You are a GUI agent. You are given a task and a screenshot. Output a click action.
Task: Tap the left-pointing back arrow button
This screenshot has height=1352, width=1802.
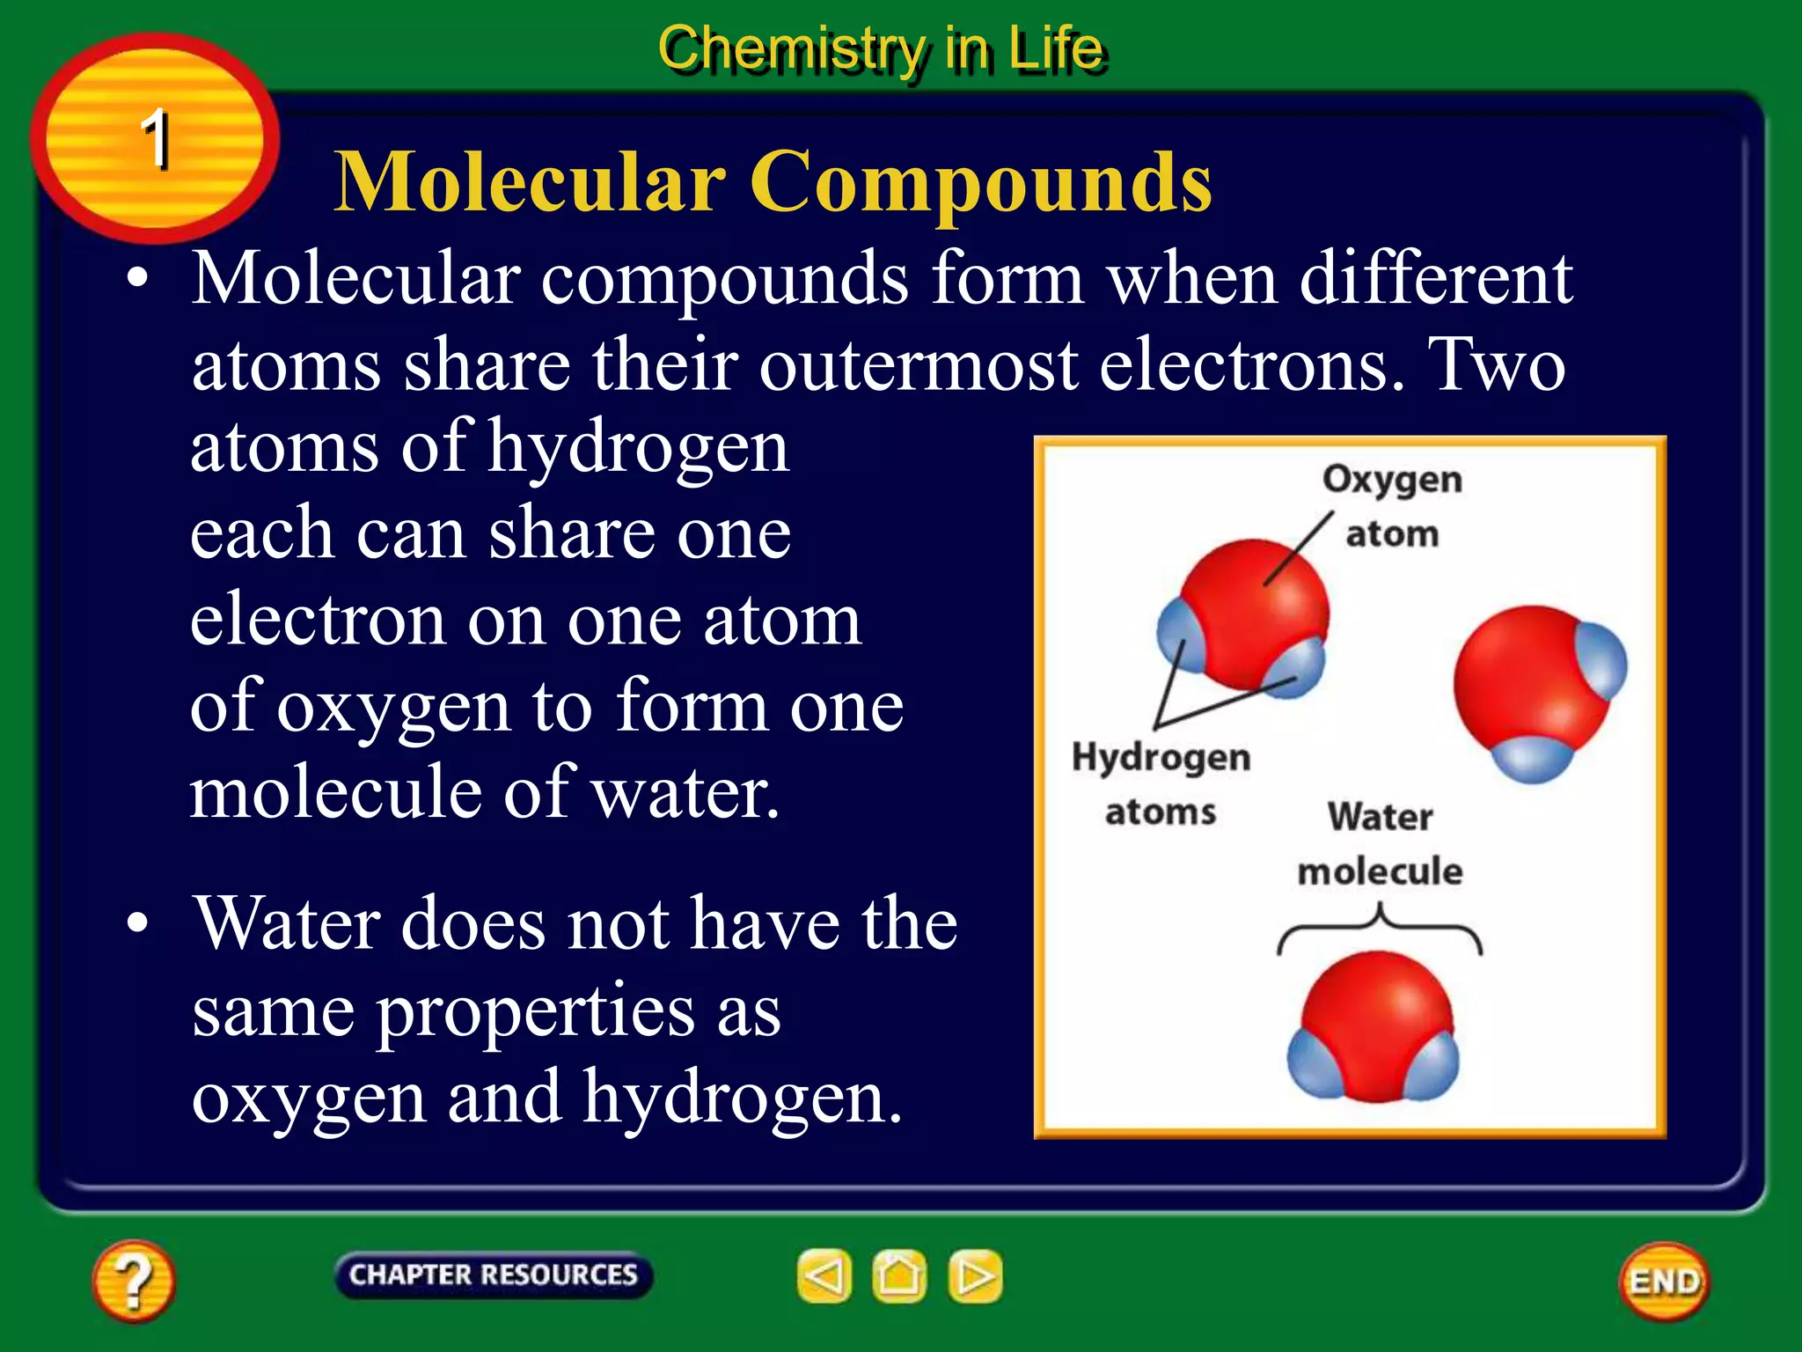824,1276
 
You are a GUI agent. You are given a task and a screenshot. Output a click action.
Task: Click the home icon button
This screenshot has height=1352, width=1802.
899,1276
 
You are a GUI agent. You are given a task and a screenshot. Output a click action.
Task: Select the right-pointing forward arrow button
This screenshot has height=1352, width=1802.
975,1276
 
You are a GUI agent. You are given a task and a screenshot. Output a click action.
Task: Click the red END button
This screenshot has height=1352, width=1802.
1664,1282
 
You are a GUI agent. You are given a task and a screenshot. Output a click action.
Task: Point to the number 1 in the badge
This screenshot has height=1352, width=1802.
156,138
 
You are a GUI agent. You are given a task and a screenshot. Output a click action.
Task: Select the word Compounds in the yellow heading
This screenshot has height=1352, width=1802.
980,182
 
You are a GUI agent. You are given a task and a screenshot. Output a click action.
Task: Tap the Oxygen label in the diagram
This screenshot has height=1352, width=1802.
1392,480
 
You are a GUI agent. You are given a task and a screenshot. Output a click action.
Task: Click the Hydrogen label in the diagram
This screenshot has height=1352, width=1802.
1161,757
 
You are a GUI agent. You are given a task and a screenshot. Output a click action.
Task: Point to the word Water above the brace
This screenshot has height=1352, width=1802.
1380,816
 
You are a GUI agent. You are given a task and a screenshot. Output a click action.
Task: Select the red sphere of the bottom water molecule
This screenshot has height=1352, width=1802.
1377,1021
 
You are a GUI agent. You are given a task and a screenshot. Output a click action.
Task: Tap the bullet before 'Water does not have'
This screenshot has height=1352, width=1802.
137,923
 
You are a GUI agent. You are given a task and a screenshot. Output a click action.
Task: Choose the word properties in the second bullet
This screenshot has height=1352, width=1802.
537,1012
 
